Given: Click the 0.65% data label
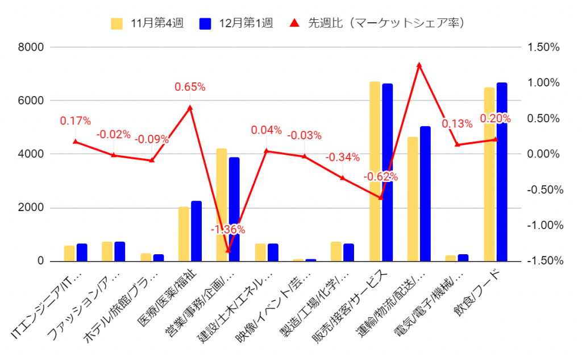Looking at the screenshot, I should pyautogui.click(x=190, y=87).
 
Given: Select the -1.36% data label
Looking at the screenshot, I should pyautogui.click(x=228, y=230).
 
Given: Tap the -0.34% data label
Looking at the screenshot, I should pyautogui.click(x=342, y=158).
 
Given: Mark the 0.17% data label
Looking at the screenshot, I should pyautogui.click(x=75, y=121).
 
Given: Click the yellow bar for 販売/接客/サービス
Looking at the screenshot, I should pyautogui.click(x=375, y=171).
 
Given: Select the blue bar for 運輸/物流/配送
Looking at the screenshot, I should pyautogui.click(x=425, y=193).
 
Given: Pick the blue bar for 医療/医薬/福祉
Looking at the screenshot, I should pyautogui.click(x=196, y=231).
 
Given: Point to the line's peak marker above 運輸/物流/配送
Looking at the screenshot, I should pyautogui.click(x=419, y=65).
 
